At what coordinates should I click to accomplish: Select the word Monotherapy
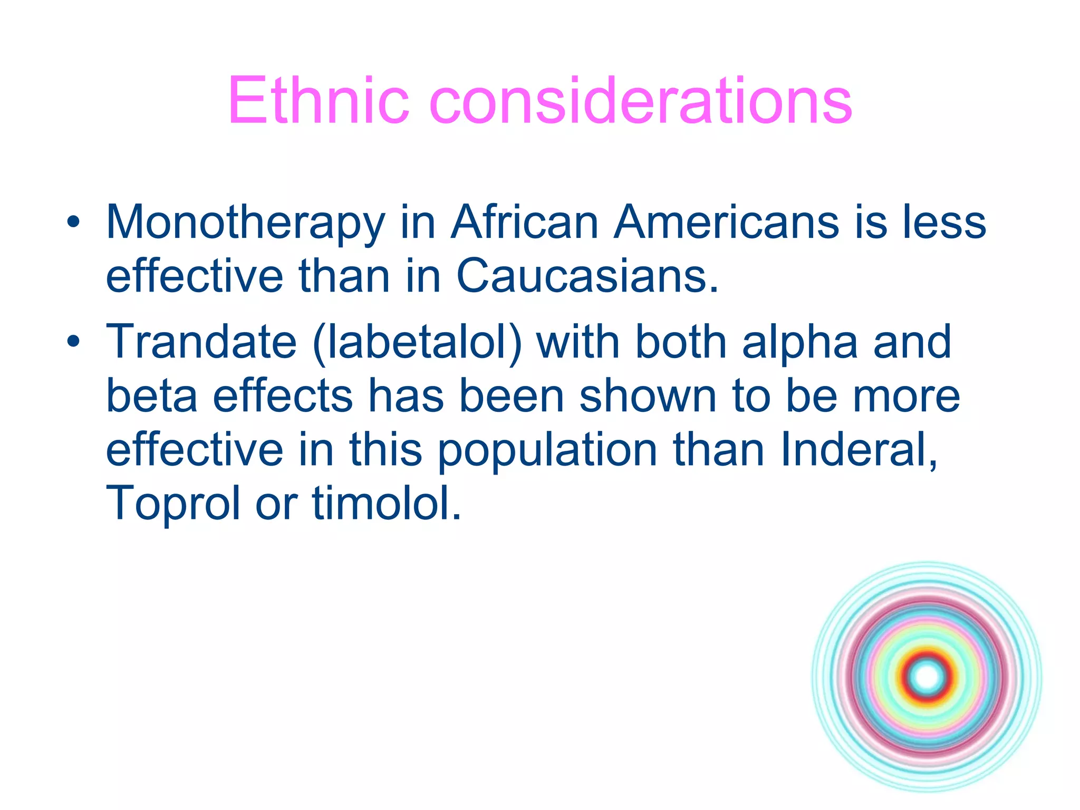pos(246,223)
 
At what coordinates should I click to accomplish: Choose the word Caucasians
pos(587,276)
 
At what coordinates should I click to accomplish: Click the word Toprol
pos(173,504)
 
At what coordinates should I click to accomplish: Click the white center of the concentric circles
pos(927,677)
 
